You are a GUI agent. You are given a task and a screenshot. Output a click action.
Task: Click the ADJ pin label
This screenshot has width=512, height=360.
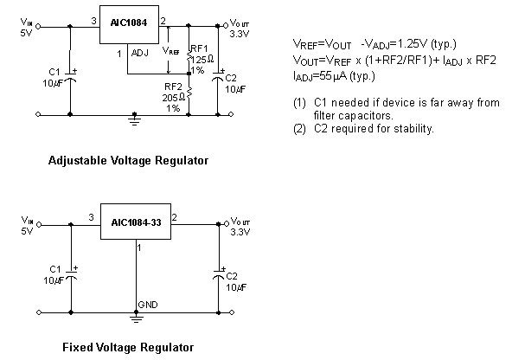tap(138, 53)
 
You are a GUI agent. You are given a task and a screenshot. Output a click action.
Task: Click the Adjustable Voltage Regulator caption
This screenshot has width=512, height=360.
tap(128, 161)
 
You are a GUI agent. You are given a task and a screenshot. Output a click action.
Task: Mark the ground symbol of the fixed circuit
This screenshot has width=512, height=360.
tap(136, 318)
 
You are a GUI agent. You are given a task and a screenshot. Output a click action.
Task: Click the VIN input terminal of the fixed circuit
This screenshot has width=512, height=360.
tap(35, 223)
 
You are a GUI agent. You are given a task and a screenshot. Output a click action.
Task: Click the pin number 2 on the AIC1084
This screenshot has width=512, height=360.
tap(163, 20)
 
